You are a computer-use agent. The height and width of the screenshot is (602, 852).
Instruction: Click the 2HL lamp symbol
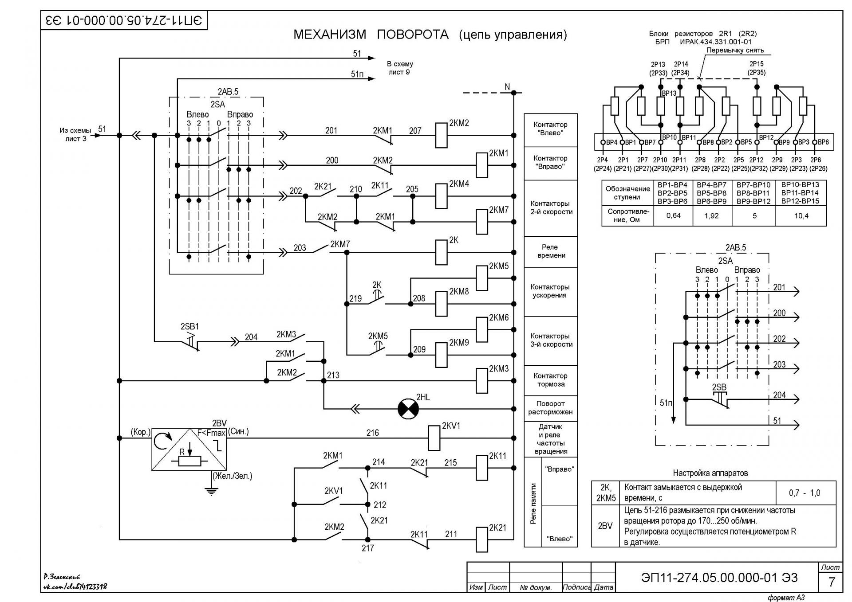408,409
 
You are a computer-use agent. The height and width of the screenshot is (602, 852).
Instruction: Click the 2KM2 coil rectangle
441,135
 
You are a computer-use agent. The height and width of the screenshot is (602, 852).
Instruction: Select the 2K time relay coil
441,252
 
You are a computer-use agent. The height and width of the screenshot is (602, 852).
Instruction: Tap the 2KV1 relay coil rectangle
434,438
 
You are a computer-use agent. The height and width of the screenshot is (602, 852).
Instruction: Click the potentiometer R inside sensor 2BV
189,461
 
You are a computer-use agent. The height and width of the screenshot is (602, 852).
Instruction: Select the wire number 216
373,433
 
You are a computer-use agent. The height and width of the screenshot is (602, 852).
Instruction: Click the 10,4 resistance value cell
801,216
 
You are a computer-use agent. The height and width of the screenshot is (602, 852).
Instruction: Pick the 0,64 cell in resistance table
673,216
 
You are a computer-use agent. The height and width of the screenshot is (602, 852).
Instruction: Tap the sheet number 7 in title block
832,582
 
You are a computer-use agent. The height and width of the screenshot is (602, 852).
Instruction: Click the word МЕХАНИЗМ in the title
330,35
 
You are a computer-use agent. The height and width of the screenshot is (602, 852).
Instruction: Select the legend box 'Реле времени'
551,251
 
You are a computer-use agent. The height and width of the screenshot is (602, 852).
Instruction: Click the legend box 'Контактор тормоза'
551,380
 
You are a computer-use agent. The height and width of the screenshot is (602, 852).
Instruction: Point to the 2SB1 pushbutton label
189,327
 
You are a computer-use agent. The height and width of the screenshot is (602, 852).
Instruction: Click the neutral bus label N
508,87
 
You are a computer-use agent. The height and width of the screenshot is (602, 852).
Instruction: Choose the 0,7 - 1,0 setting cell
805,493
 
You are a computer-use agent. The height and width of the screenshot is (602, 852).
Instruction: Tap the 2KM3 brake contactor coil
482,381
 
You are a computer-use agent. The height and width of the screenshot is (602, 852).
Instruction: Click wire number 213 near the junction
333,375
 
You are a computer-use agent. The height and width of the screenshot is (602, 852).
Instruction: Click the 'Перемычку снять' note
735,51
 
